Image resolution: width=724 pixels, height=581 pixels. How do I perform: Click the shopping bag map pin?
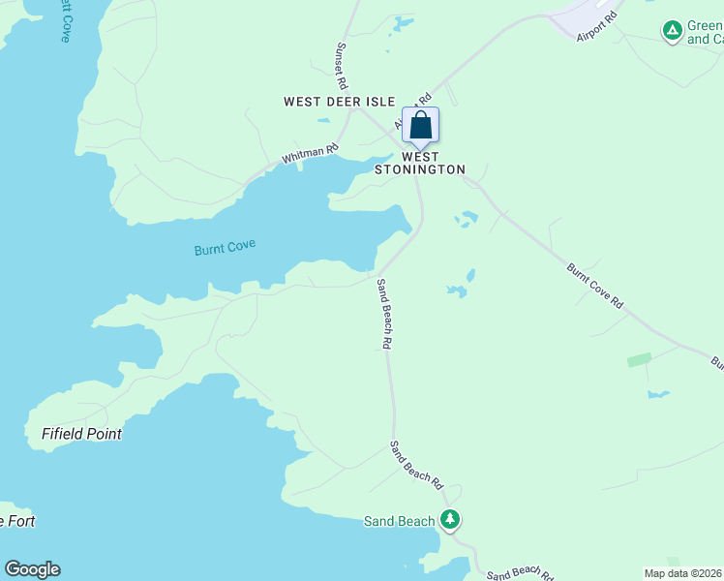[420, 126]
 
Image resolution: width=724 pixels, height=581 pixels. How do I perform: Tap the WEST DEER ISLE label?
[339, 102]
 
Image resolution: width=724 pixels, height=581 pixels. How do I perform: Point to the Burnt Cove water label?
[225, 248]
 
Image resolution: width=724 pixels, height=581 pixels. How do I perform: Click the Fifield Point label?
[81, 434]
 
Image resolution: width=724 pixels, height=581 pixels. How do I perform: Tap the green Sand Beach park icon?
[449, 520]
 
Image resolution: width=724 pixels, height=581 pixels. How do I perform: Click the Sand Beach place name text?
[399, 521]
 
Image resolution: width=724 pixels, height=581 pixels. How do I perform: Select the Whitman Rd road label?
[310, 153]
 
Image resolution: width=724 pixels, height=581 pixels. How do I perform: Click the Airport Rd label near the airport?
[596, 28]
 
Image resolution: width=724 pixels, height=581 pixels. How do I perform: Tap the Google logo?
[32, 569]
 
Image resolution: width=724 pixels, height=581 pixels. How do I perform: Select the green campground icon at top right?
[671, 31]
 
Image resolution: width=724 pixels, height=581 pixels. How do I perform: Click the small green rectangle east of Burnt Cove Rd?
[639, 359]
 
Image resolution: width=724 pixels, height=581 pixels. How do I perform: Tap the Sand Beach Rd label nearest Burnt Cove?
[384, 313]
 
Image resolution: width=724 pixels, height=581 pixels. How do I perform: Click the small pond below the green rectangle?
[658, 394]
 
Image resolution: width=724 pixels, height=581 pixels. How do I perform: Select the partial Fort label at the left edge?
[17, 521]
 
